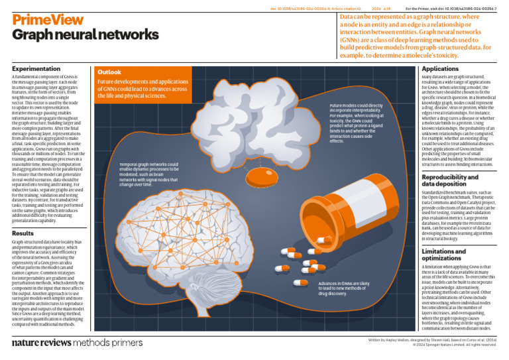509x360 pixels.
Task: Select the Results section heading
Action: pyautogui.click(x=23, y=233)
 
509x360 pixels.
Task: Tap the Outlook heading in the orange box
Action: pyautogui.click(x=109, y=72)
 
